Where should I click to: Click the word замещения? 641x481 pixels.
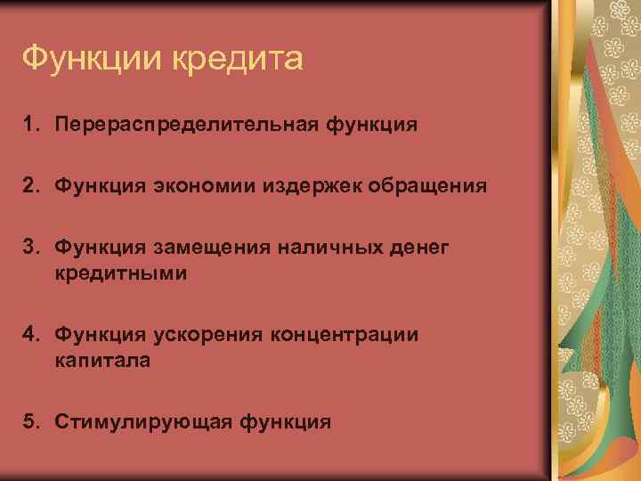215,246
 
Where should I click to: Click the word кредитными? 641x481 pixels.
120,273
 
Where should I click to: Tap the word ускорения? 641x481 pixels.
207,335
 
